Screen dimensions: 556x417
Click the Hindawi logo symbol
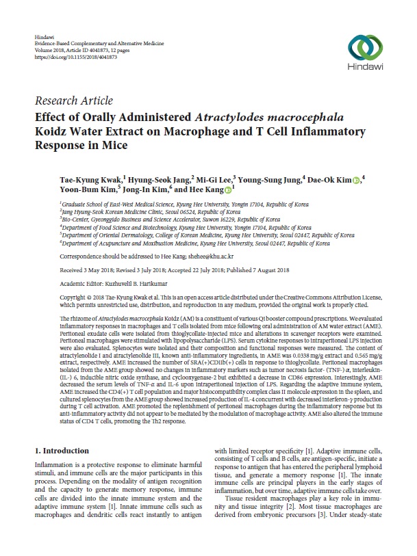(x=363, y=46)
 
